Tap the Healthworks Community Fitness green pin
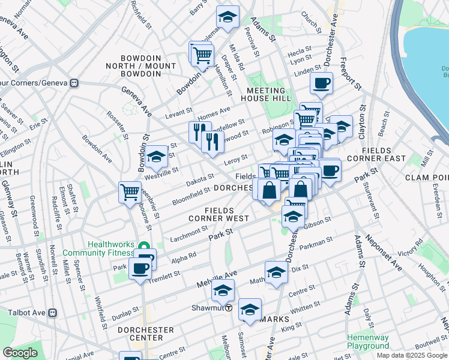point(144,247)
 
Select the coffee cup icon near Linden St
point(321,83)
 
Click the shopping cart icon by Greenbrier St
point(130,193)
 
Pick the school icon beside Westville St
point(157,157)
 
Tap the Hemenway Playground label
point(368,341)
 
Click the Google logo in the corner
point(20,353)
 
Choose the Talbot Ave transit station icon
point(52,312)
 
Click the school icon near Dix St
point(276,272)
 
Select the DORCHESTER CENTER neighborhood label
point(146,334)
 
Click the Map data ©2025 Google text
point(412,355)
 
